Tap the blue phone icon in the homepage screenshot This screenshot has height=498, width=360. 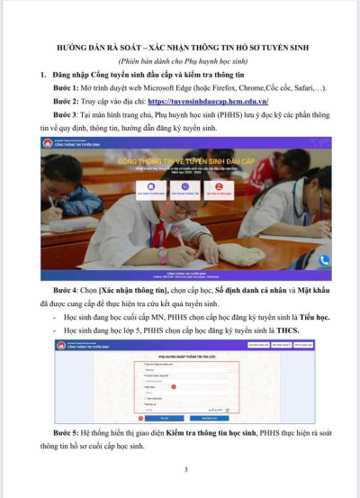click(325, 261)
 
